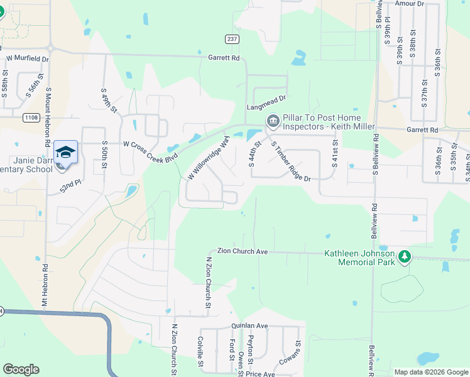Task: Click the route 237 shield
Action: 232,39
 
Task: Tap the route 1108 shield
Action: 30,117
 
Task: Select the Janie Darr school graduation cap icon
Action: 65,152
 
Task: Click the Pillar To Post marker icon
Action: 273,121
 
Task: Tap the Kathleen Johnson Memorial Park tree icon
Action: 405,256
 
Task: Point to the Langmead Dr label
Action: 266,99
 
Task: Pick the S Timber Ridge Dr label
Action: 291,161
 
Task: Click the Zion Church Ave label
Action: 243,251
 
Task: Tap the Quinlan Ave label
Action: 249,326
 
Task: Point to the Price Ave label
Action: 260,374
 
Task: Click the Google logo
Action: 21,369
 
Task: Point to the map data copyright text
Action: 430,372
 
